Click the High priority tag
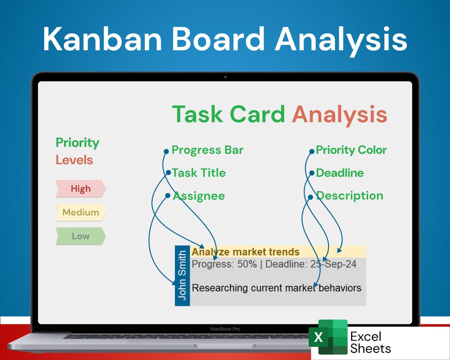coord(81,189)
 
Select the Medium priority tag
coord(81,212)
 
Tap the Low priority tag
coord(81,236)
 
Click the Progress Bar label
coord(207,150)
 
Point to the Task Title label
coord(199,173)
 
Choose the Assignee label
coord(199,196)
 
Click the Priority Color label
coord(351,150)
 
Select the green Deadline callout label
coord(339,173)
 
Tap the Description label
coord(349,196)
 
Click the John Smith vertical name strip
coord(182,276)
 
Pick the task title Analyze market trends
coord(246,252)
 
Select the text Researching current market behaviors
coord(276,288)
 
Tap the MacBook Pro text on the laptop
coord(225,329)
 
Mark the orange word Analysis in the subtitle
coord(339,114)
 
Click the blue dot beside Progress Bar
coord(166,151)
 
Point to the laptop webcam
coord(225,77)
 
